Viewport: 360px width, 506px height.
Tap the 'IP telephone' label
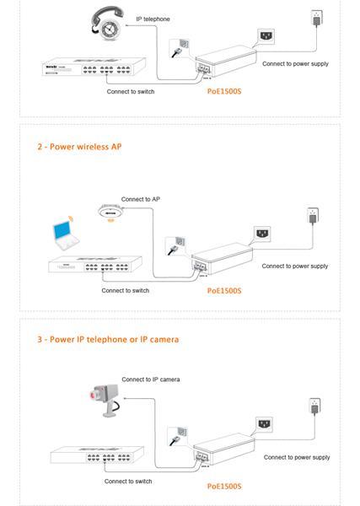coord(153,18)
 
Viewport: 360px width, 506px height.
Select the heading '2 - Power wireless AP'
coord(79,147)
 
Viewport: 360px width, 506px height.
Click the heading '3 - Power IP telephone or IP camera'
coord(107,340)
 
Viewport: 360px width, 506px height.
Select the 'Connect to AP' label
coord(140,199)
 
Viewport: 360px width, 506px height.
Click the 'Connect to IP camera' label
coord(150,379)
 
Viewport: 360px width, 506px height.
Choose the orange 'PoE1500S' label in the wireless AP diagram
coord(224,290)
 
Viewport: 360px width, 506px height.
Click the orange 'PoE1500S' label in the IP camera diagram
coord(224,487)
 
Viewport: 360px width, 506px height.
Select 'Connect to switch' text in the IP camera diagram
coord(128,482)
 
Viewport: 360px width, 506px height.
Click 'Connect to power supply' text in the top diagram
coord(295,63)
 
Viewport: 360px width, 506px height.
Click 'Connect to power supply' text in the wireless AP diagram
coord(294,266)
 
